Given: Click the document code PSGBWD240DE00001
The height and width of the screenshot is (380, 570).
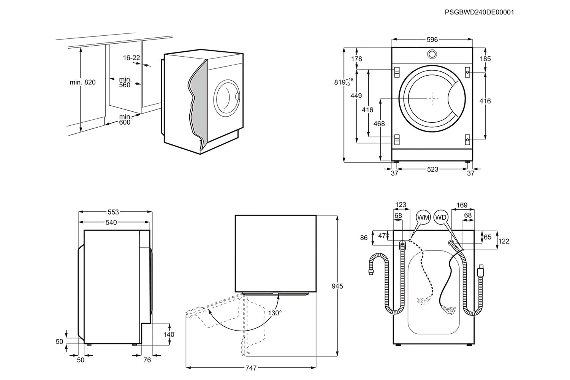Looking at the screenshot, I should pos(479,12).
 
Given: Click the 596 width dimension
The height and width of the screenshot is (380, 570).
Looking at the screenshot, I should pos(432,40).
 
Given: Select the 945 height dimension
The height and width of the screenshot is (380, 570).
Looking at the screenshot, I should pos(337,286).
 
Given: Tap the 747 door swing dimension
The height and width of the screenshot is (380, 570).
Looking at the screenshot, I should pos(251,368).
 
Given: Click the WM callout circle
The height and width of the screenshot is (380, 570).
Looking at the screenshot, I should pos(423,217).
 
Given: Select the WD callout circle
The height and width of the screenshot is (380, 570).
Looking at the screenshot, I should pos(441,217).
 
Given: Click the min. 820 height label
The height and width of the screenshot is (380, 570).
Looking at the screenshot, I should pos(82,82).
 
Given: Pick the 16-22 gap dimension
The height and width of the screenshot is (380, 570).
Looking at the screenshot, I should pos(131,58).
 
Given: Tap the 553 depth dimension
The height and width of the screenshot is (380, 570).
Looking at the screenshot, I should pos(113,212).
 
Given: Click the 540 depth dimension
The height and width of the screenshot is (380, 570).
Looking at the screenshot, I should pos(111,222).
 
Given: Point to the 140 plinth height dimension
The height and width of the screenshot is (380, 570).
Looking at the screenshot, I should pos(169,334).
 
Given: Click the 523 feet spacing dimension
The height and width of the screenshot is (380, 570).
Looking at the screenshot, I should pos(432,169).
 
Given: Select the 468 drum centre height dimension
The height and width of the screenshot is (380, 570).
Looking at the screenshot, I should pos(379,123).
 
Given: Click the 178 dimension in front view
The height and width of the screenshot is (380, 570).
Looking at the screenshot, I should pos(357,59).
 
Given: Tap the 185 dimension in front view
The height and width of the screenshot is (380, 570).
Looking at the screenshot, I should pos(485,59).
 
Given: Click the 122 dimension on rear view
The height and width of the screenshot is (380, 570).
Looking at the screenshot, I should pos(504,241).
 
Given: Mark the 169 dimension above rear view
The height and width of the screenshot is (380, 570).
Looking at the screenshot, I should pos(462,205).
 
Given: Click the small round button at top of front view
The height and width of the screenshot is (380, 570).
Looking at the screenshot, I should pos(432,54).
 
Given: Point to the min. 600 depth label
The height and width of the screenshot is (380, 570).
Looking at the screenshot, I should pos(125,119).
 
